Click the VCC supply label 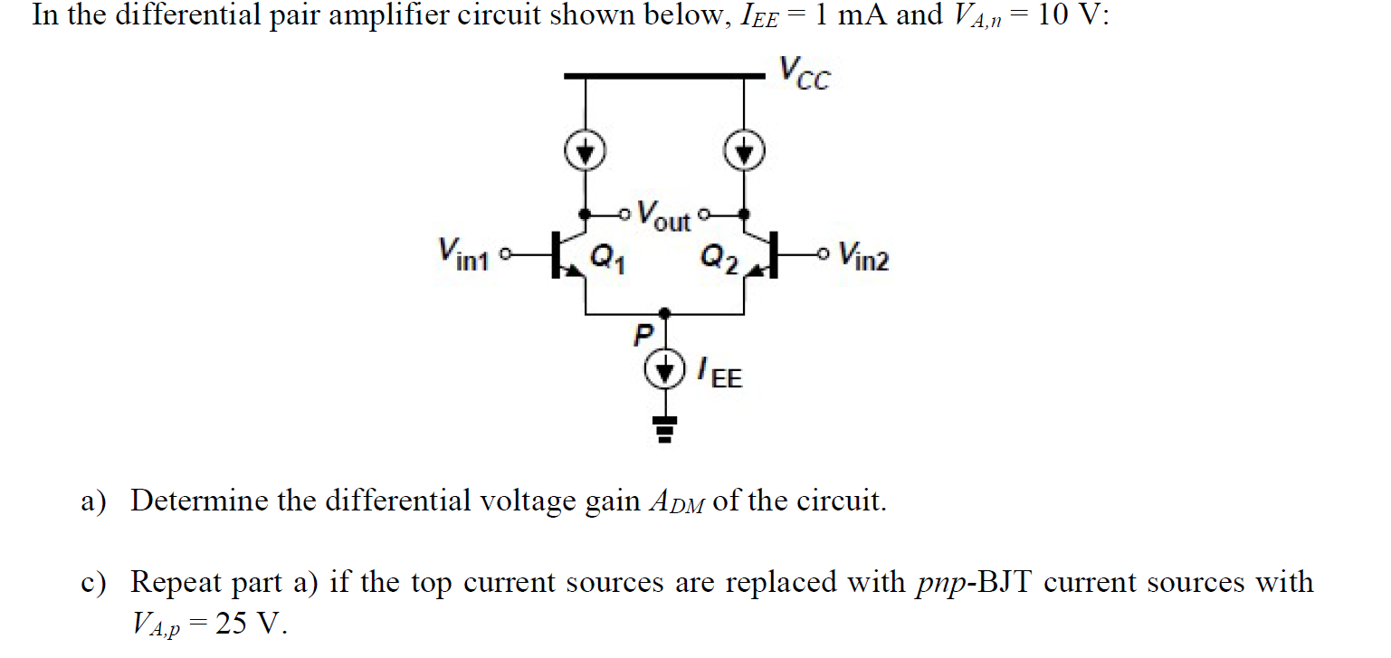(x=804, y=74)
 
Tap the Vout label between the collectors (x=663, y=215)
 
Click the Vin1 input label (x=462, y=253)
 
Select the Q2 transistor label (x=720, y=261)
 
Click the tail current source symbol (x=666, y=368)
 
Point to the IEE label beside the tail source (x=719, y=372)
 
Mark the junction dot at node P (x=666, y=313)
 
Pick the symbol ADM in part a (x=677, y=501)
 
